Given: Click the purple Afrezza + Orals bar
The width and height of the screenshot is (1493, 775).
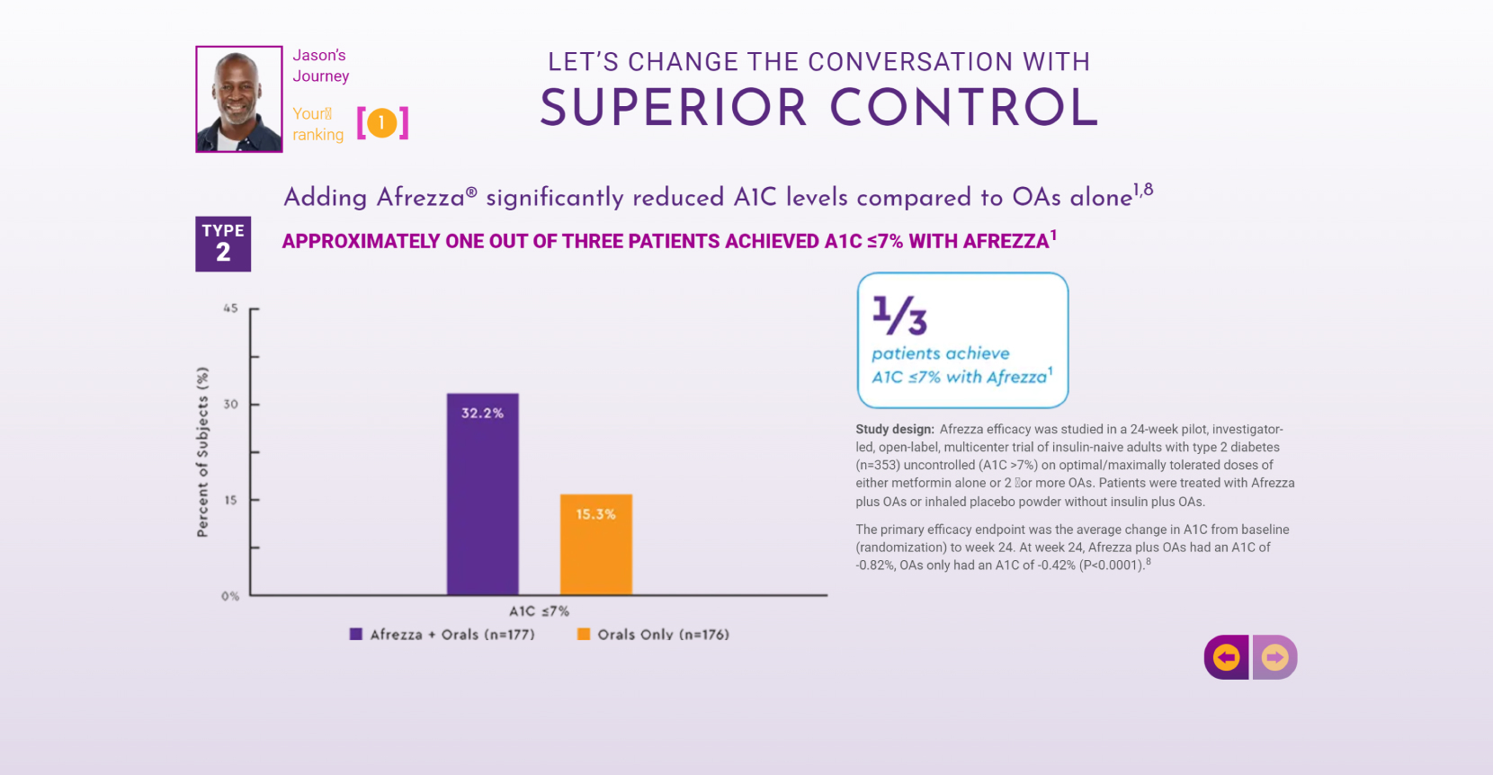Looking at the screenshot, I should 482,503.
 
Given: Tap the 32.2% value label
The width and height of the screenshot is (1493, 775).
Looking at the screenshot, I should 482,413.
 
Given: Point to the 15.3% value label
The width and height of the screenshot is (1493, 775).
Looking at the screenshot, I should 595,514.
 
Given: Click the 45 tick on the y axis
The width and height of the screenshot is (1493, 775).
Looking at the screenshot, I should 231,308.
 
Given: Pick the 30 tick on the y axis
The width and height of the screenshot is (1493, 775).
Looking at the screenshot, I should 231,405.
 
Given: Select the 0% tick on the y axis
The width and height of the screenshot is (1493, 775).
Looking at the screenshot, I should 230,596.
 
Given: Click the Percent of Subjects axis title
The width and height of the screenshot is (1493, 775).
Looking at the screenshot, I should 203,452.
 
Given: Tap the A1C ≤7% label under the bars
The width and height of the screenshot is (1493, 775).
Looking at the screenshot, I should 539,611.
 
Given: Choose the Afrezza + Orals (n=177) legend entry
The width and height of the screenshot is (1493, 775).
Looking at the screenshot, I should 443,635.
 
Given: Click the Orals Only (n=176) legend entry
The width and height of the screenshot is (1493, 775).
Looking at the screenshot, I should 653,635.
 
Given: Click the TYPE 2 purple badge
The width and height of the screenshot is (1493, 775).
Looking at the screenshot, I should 223,244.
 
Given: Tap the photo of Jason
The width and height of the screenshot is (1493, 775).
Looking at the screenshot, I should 239,99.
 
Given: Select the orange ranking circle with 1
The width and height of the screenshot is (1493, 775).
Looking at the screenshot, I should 382,122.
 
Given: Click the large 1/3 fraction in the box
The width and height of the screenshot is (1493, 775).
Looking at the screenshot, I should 898,315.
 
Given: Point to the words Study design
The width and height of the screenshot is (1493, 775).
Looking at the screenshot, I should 894,430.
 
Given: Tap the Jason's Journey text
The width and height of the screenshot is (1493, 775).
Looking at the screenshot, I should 320,66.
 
